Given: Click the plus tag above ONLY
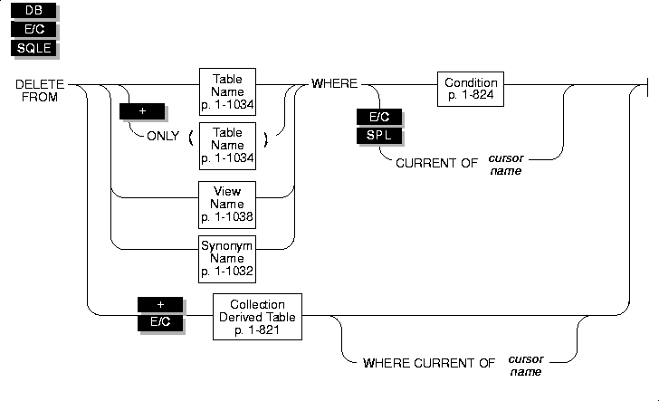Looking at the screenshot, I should (141, 112).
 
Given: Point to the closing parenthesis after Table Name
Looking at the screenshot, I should (265, 138).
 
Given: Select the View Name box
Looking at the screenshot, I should (227, 205).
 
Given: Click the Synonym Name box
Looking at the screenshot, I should (227, 257).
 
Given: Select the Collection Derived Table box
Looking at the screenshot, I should (258, 316).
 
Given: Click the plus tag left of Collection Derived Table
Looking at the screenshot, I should (160, 304).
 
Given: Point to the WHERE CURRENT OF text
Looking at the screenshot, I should (428, 363).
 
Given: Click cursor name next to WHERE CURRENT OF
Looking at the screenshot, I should (527, 364).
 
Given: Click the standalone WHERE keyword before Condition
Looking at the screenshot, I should (332, 84).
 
